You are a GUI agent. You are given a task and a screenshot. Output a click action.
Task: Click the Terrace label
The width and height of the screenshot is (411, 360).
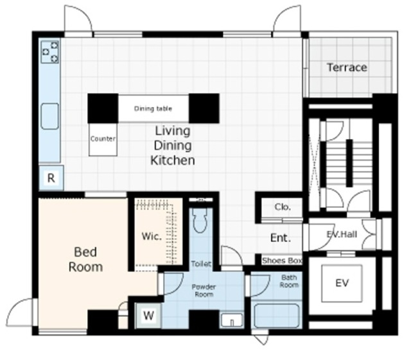pos(347,67)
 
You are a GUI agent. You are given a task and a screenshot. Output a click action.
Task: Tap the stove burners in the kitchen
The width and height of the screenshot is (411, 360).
pos(50,52)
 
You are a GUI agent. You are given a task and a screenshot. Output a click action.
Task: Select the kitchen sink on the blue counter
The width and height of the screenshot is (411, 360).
pos(50,116)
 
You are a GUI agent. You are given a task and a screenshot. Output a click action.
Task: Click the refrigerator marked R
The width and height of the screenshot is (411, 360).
pos(51,178)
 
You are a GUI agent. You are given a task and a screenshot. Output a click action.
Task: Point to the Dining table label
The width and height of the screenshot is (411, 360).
pos(153,108)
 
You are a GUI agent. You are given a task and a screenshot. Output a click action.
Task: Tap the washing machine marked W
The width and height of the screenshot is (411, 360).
pos(148,315)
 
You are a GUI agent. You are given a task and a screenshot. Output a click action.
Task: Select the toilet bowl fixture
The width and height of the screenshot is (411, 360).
pos(200,220)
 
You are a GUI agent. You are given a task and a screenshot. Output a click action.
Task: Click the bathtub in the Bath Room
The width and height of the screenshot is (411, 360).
pos(277,316)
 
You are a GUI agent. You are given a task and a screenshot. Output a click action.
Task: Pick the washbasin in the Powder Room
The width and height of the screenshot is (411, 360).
pos(232,320)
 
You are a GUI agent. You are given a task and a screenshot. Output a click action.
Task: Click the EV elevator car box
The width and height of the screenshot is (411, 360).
pos(342,284)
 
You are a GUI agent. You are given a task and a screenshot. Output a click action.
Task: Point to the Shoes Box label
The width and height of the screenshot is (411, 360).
pos(282,261)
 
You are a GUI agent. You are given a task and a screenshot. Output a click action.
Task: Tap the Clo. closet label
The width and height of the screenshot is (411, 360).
pos(283,207)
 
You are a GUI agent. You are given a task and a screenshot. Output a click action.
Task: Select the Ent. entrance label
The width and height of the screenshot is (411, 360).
pos(281,238)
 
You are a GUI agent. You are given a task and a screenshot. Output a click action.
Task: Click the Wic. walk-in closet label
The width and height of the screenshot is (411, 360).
pos(152,236)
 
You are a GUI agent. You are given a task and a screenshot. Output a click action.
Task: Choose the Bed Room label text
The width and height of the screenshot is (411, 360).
pos(85,259)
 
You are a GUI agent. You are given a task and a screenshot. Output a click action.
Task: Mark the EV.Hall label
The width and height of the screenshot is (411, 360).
pos(342,234)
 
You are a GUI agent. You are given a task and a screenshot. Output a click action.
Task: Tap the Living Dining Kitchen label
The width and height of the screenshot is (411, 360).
pos(173,146)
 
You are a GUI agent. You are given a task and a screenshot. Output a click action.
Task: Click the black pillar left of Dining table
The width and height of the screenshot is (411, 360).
pos(103,108)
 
